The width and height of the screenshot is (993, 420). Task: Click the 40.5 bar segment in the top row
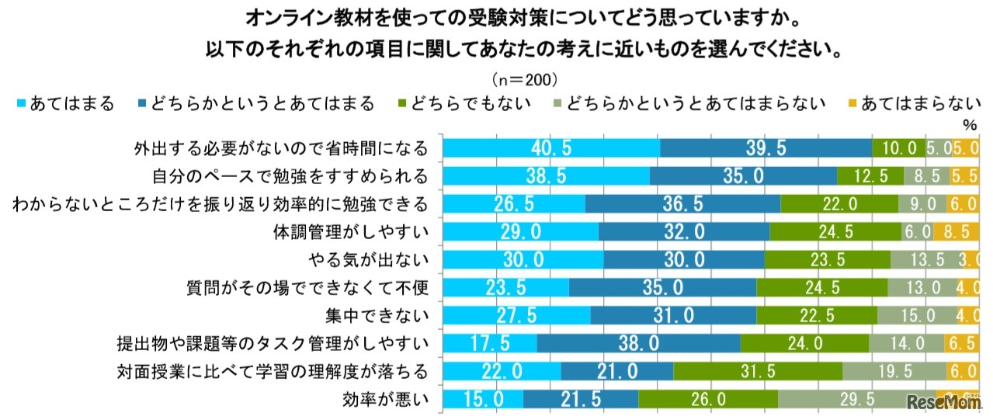(551, 148)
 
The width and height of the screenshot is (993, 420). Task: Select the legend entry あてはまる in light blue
(65, 103)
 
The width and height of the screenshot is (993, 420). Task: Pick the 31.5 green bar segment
(758, 371)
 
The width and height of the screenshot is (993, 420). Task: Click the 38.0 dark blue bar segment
(638, 343)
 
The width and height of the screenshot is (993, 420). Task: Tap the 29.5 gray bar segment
(856, 399)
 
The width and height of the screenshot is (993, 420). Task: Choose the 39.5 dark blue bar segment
(766, 148)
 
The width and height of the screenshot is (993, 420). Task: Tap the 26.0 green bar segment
(708, 399)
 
